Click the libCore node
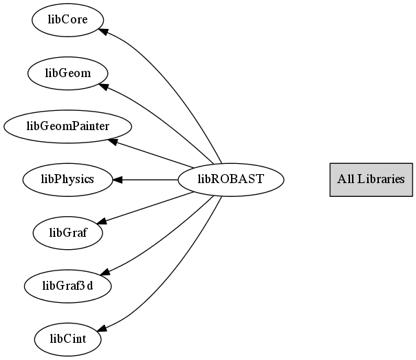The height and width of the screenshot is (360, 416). (x=67, y=20)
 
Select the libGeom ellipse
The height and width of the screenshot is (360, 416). (x=67, y=74)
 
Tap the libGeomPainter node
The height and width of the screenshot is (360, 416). (x=67, y=127)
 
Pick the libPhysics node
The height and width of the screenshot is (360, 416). (x=67, y=180)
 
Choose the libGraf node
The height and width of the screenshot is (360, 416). (x=67, y=233)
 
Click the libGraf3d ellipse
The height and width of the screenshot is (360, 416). (x=67, y=286)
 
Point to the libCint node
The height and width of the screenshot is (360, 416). (x=67, y=339)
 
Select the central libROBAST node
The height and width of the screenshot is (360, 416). (x=231, y=180)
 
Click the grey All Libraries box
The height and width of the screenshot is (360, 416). (x=371, y=180)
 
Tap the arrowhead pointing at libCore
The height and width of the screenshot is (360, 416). (x=103, y=31)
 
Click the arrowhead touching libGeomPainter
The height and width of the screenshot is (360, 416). (x=113, y=142)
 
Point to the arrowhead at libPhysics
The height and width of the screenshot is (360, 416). (x=118, y=180)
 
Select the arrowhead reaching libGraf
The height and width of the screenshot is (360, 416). (x=102, y=221)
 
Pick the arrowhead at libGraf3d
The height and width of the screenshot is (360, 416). (x=105, y=272)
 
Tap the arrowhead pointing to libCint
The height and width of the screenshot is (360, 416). (x=102, y=328)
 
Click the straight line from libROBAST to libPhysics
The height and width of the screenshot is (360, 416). (x=145, y=180)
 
